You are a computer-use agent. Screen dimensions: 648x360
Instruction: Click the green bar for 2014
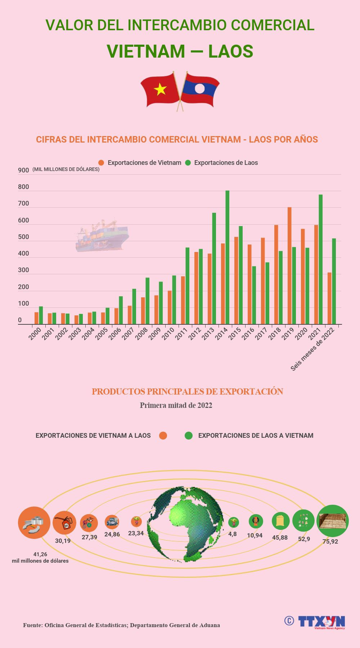point(227,257)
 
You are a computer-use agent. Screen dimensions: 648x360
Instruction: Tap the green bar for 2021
point(320,259)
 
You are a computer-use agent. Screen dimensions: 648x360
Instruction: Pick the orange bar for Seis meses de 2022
point(329,298)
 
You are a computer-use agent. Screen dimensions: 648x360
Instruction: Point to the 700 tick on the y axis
point(23,204)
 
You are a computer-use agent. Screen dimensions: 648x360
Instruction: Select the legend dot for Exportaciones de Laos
point(188,163)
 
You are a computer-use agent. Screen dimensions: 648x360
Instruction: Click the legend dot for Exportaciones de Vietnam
point(101,163)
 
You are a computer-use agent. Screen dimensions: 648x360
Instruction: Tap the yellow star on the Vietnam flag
point(160,89)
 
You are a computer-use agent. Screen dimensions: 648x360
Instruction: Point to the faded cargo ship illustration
point(102,236)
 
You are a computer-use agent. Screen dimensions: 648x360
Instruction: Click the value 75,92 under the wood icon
point(330,541)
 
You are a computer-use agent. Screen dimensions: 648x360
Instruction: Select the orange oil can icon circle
point(64,523)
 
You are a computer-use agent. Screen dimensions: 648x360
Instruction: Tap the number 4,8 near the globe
point(233,534)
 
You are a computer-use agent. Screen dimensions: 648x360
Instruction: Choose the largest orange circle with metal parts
point(34,523)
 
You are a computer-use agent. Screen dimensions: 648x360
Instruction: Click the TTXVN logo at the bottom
point(321,622)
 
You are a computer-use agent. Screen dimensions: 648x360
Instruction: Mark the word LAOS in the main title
point(230,51)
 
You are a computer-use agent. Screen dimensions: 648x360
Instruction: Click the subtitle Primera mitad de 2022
point(176,405)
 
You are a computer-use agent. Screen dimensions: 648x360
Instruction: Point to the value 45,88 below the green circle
point(280,537)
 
